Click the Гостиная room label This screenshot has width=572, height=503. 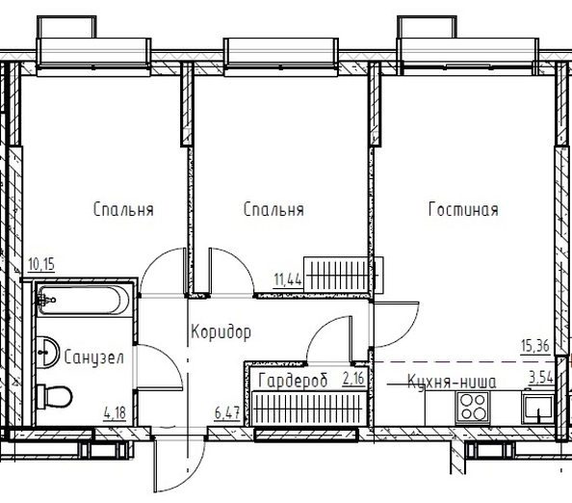click(x=463, y=210)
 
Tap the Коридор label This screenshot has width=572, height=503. click(x=221, y=332)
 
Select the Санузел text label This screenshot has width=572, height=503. click(x=94, y=357)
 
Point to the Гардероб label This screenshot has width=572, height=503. click(x=293, y=381)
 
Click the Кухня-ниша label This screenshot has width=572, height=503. click(x=452, y=383)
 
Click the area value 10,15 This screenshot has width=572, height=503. click(x=41, y=264)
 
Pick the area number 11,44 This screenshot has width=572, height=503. click(x=288, y=280)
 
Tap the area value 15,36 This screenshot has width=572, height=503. click(x=535, y=346)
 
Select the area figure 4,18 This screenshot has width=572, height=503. click(x=115, y=413)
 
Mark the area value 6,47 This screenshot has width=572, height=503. click(x=227, y=413)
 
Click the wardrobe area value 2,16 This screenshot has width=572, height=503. click(x=353, y=379)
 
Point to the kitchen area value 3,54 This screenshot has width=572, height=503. click(x=541, y=378)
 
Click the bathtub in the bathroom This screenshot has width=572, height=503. click(x=84, y=300)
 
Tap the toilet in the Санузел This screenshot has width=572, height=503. click(x=55, y=396)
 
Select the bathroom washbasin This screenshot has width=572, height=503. click(x=47, y=353)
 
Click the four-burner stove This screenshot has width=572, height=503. click(x=473, y=407)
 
